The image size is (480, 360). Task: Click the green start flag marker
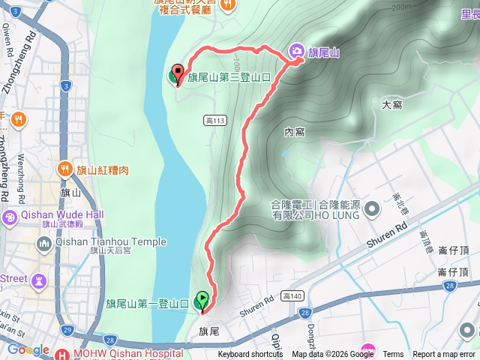coord(202,301)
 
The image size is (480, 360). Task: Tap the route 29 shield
coord(67,331)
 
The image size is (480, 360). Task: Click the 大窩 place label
coord(391,105)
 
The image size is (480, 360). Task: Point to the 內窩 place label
coord(295,132)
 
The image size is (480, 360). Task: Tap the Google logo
coord(28,350)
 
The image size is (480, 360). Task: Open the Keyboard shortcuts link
coord(250,355)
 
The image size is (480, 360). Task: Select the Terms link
coord(393,355)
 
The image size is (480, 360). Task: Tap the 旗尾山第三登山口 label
coord(229,76)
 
